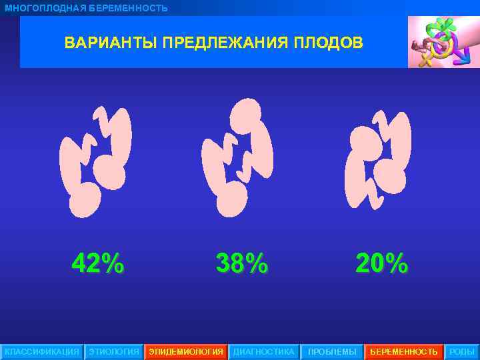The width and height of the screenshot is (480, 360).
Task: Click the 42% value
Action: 97,264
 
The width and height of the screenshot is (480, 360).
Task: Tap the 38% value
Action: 242,264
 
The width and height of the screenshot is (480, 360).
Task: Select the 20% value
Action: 381,264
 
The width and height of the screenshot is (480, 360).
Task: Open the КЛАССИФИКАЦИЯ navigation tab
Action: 41,351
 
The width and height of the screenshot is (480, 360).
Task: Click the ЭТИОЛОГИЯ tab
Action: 114,351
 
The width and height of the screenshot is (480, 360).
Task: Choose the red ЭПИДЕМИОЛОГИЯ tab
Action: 186,351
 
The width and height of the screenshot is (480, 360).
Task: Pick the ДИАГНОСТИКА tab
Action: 263,351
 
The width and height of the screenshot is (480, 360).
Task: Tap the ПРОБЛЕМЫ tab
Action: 332,351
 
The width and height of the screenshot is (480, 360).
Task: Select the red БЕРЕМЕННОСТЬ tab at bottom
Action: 404,351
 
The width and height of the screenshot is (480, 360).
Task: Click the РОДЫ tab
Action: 462,351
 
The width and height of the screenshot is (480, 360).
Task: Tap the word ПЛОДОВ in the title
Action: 330,43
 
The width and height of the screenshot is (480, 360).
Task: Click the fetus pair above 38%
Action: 238,159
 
